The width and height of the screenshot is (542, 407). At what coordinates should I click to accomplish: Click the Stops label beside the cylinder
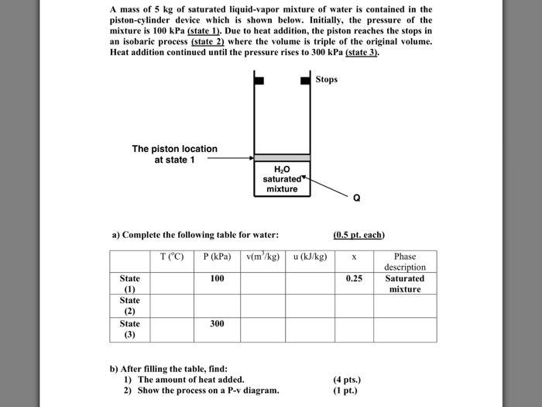(x=327, y=79)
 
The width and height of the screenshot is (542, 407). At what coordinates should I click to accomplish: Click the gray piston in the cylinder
(x=282, y=157)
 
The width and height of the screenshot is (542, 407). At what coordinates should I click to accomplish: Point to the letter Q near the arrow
(x=356, y=197)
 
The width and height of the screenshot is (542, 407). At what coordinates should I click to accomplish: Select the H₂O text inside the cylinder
(x=282, y=169)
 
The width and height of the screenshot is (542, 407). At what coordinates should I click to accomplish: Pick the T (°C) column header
(x=172, y=257)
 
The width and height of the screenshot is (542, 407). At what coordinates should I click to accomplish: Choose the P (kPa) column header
(x=217, y=257)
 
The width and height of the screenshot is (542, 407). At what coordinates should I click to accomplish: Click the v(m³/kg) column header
(x=263, y=257)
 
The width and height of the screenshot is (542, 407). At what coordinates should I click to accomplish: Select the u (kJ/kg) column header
(x=310, y=257)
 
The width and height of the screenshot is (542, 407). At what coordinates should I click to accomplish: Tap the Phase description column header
(x=405, y=261)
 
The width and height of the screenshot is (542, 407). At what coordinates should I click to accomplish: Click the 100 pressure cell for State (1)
(x=217, y=278)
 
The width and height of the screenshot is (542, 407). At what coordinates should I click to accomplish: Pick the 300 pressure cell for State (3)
(x=217, y=323)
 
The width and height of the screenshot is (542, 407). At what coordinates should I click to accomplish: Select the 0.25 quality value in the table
(x=354, y=278)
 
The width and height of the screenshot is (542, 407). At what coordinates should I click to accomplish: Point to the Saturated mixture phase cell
(x=405, y=283)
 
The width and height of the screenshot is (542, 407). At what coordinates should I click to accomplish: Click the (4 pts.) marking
(x=347, y=380)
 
